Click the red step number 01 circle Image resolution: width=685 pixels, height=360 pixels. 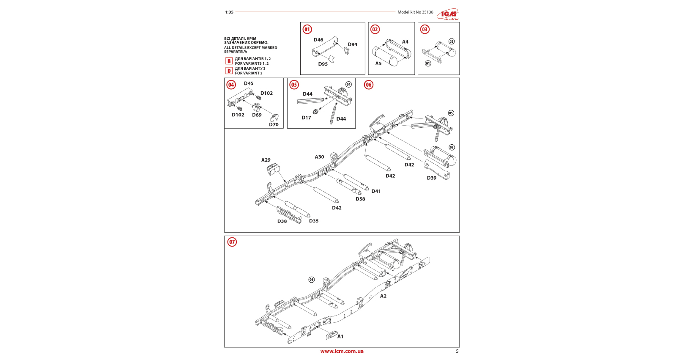[x=307, y=29]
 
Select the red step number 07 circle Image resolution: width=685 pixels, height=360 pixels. [x=232, y=242]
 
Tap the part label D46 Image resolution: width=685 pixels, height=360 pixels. [x=318, y=40]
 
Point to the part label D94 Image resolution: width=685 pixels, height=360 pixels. [x=352, y=44]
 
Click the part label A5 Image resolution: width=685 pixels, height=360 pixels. [x=378, y=63]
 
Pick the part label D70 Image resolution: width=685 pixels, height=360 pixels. [x=274, y=125]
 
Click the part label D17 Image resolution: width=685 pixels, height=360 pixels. [x=306, y=118]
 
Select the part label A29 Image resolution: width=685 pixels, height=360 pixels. [x=266, y=160]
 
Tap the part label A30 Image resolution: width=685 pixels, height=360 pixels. [x=319, y=157]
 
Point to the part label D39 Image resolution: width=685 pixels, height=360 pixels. [x=431, y=178]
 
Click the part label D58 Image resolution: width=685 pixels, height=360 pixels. [x=360, y=199]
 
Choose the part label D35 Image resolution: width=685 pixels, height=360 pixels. [x=314, y=221]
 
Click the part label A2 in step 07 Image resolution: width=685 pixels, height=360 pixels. [x=383, y=296]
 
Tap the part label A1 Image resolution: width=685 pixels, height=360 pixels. [x=340, y=336]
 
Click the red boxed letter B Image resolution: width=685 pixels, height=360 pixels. [x=229, y=61]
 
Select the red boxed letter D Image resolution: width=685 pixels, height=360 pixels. [x=229, y=71]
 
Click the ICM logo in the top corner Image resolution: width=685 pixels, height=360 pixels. [x=448, y=14]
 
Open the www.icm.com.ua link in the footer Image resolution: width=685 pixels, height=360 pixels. [x=342, y=351]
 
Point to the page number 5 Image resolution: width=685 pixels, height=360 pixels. [x=457, y=351]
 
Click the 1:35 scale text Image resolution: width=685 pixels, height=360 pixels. [x=229, y=12]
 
